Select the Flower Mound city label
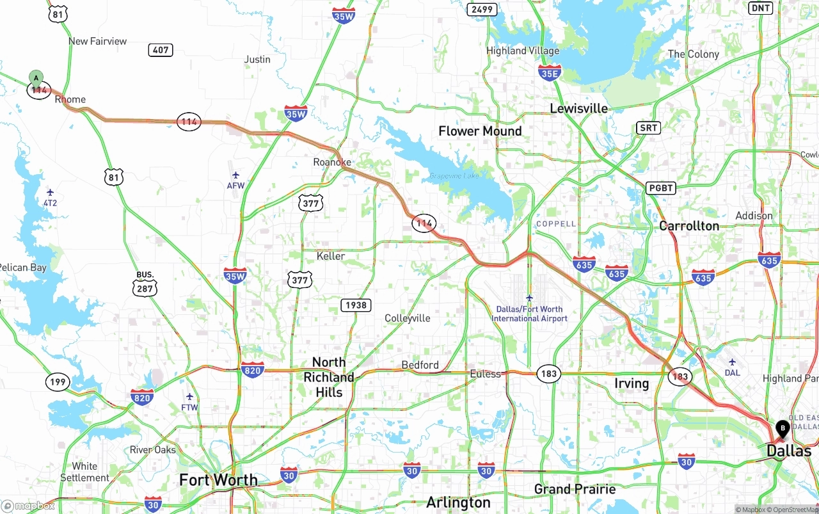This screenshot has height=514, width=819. point(480,131)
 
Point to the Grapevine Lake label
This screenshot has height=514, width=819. point(454,176)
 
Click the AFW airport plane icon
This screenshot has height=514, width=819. point(235,175)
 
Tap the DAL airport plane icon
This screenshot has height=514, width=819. point(733,362)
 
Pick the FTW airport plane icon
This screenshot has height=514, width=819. point(189,397)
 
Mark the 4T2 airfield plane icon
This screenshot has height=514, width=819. point(50,192)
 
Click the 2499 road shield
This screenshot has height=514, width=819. point(481,9)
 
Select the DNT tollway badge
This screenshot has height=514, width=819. point(761,8)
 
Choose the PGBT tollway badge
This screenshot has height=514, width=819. point(661,188)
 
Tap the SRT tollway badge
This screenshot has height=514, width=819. point(648,128)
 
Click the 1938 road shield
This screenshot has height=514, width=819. point(356,305)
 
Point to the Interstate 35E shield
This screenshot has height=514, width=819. point(550,72)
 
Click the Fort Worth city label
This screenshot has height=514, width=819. point(218,480)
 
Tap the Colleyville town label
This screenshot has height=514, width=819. point(407,318)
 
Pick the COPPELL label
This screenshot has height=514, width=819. point(556,224)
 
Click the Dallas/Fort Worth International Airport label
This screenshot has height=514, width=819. point(529,314)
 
